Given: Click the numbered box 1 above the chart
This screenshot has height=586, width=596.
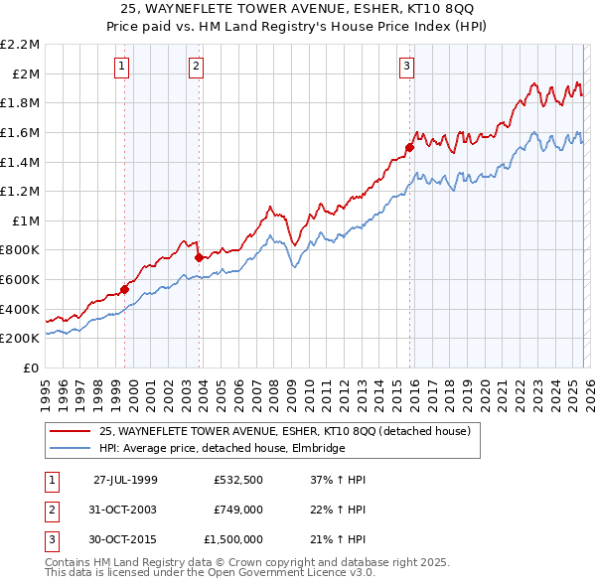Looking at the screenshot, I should [x=121, y=67].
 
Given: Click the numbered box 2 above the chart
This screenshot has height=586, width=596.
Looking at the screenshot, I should [x=196, y=67].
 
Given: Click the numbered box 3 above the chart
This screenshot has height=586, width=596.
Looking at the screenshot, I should [x=406, y=67].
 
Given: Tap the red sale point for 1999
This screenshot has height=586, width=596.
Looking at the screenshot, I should [x=125, y=290].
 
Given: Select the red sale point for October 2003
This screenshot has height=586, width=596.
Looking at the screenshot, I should [x=200, y=257].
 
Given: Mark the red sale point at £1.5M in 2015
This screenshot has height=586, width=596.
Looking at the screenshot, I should [x=409, y=147].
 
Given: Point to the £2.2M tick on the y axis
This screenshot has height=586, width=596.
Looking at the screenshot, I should [x=21, y=45].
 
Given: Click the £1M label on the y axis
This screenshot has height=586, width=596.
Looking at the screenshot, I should [x=27, y=220].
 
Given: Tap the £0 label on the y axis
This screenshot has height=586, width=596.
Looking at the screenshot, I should [x=32, y=367].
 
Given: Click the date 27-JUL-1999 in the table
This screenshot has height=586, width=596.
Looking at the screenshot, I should [x=125, y=479].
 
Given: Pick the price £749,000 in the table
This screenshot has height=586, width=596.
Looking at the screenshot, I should [x=237, y=509].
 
